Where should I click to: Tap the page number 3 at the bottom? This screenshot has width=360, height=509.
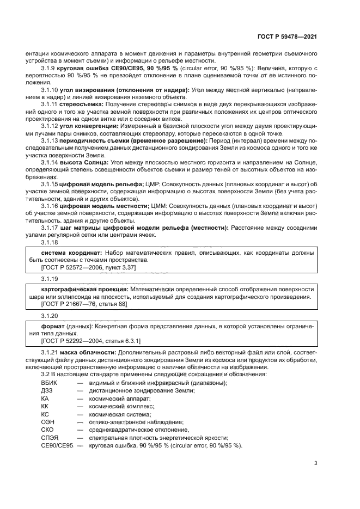(x=315, y=463)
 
